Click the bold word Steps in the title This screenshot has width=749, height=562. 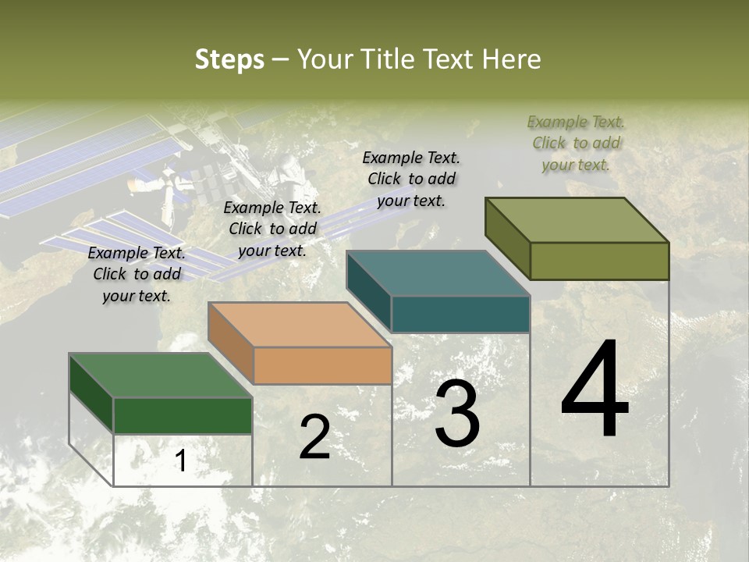[x=229, y=59]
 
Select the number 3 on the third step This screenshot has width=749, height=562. [x=457, y=414]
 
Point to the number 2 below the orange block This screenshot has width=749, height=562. [x=315, y=437]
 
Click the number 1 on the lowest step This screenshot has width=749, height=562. [x=180, y=461]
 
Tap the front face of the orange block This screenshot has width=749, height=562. [x=323, y=365]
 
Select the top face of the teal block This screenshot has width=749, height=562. [x=437, y=273]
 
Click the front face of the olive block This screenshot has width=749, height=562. [x=599, y=261]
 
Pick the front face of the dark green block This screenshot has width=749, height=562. [x=183, y=415]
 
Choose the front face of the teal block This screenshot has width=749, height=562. [x=460, y=314]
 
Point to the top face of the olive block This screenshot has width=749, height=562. [x=577, y=219]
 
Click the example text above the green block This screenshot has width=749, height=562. [x=137, y=274]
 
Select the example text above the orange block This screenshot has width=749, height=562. [x=272, y=229]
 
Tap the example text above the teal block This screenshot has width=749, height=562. [x=411, y=179]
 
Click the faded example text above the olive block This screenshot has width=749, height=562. [x=576, y=143]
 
